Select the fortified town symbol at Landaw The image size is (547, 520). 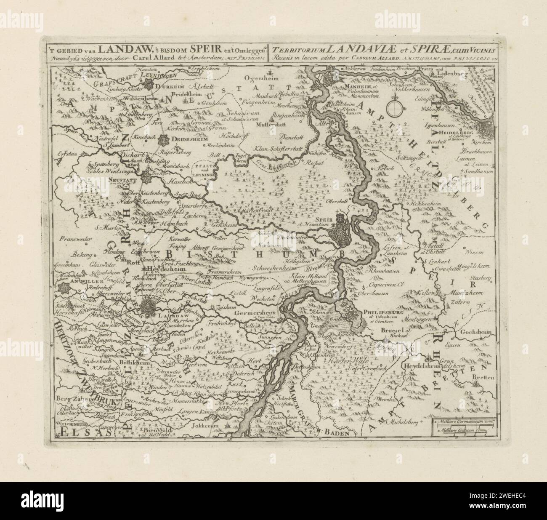pyautogui.click(x=149, y=308)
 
